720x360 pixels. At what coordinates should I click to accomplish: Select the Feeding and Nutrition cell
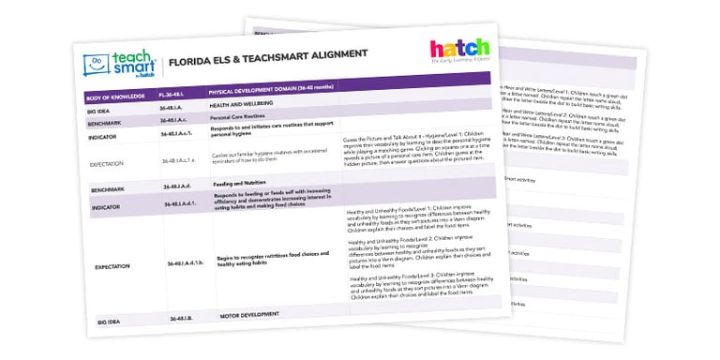pyautogui.click(x=236, y=187)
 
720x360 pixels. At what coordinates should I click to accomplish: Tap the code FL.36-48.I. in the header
pyautogui.click(x=178, y=94)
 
